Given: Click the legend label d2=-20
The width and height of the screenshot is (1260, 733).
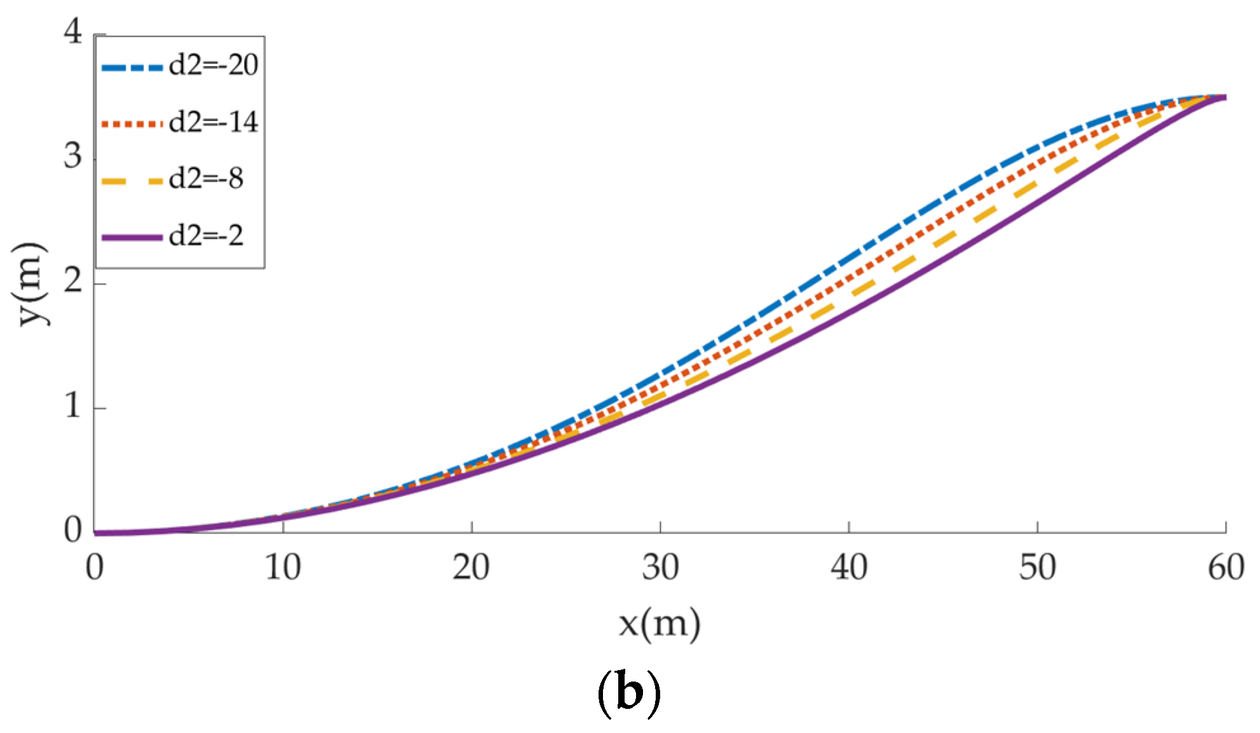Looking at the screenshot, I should tap(213, 65).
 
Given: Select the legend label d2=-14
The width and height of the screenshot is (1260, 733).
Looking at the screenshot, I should tap(213, 122).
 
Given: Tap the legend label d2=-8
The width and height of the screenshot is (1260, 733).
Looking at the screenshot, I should tap(207, 179).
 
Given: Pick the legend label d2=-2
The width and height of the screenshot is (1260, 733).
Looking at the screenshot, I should tap(207, 236).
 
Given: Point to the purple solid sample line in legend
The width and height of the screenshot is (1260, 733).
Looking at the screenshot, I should tap(133, 238).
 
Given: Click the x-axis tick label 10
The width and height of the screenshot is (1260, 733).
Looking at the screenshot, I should tap(283, 567).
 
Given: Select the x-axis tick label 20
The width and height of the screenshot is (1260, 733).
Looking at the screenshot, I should tap(471, 567).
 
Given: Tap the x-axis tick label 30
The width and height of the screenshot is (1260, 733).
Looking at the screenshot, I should tap(660, 567).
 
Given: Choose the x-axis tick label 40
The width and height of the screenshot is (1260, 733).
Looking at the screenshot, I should tap(849, 567).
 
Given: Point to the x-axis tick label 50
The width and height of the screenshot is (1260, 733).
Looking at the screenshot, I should tap(1038, 567).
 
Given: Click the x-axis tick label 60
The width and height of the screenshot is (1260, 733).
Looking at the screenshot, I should tap(1226, 567).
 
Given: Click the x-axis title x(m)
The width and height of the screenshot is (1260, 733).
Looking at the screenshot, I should tap(660, 624).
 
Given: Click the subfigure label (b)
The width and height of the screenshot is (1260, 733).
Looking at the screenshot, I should tap(629, 694).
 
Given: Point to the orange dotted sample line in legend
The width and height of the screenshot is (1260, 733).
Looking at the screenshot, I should tap(133, 123).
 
